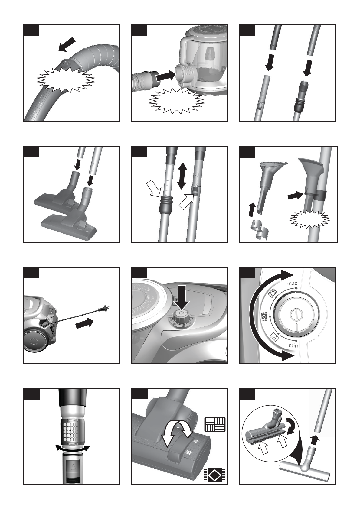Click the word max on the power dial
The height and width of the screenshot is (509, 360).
point(292,284)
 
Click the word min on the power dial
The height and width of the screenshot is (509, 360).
point(293,345)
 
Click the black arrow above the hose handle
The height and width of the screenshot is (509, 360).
point(67,44)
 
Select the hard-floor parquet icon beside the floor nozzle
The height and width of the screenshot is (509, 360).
point(215,424)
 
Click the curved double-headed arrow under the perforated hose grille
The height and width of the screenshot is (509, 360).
point(72,448)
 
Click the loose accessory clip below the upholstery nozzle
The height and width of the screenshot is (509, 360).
point(260,229)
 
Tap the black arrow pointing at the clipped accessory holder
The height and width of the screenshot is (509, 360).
point(296,196)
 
